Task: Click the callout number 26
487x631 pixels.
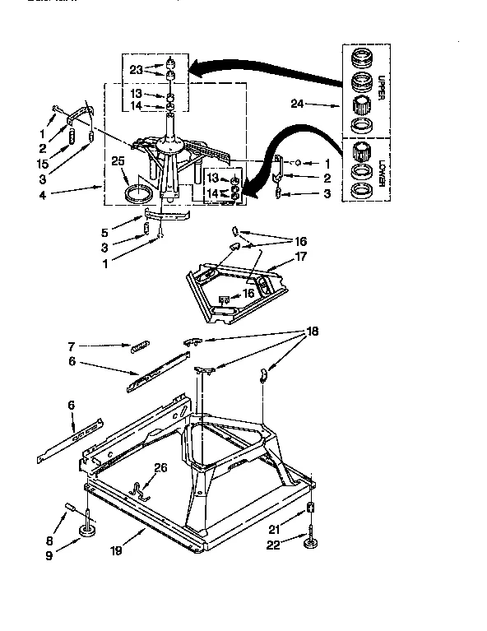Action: pos(160,467)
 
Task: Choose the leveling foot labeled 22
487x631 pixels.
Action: pos(312,545)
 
